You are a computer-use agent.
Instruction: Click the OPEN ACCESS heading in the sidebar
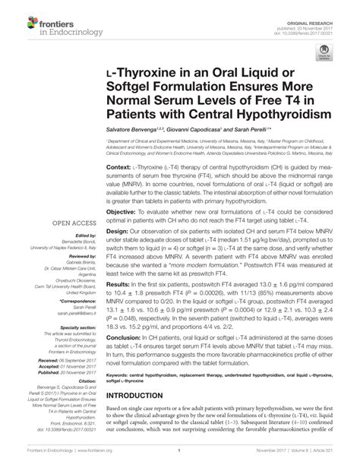[x=68, y=224]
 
